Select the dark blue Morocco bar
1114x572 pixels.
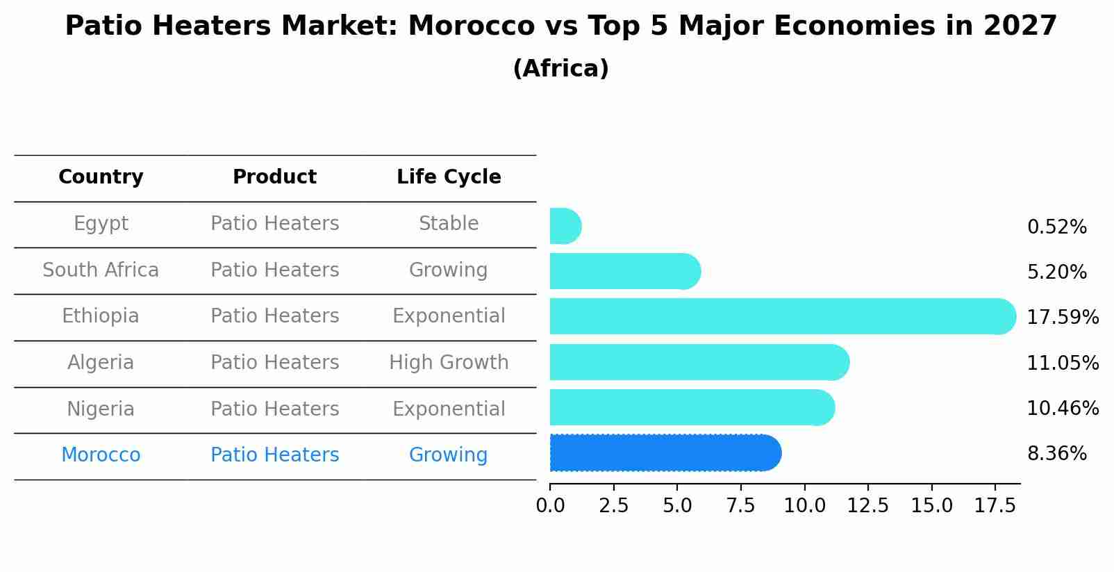click(x=665, y=453)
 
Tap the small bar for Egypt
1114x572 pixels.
click(x=565, y=226)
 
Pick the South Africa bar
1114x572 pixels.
click(x=624, y=271)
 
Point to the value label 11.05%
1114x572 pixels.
click(x=1062, y=363)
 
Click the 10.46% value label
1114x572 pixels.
click(x=1062, y=408)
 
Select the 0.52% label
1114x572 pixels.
click(x=1056, y=227)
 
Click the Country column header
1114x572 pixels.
click(x=101, y=177)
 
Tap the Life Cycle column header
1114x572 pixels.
click(x=449, y=177)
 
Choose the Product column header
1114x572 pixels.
click(x=274, y=177)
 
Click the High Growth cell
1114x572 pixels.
click(x=449, y=362)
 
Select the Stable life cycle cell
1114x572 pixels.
click(x=449, y=224)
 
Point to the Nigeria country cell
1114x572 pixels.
click(x=101, y=409)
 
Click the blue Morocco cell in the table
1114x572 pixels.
click(x=101, y=455)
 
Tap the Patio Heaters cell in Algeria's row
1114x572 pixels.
click(x=274, y=362)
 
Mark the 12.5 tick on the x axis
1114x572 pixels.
click(x=867, y=506)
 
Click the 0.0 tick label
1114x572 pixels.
click(x=550, y=506)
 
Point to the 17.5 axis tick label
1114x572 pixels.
click(x=995, y=506)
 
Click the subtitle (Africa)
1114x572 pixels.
click(x=560, y=69)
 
